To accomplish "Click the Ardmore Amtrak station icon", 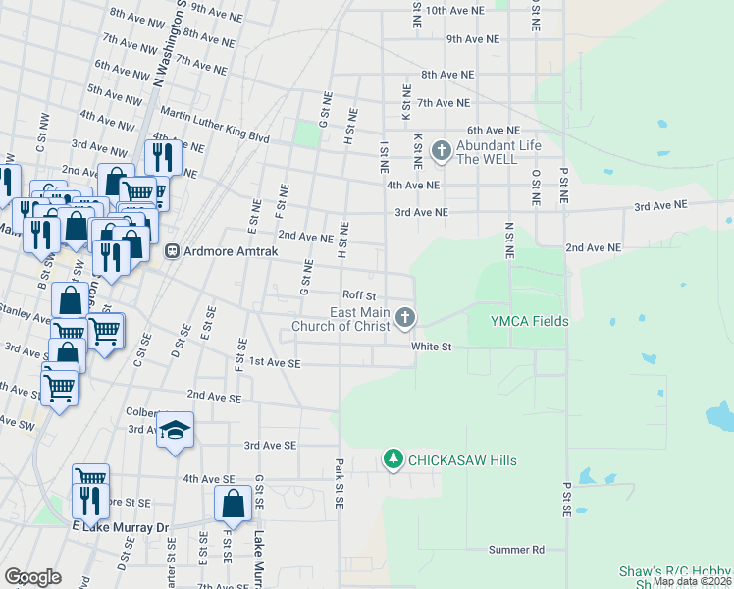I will tap(173, 250).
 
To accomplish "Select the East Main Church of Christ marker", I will tap(406, 318).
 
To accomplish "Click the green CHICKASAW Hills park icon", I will tap(393, 459).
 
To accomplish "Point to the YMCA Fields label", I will tap(530, 321).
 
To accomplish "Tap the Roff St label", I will tap(359, 295).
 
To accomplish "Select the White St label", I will tap(431, 347).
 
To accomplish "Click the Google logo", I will tap(32, 577).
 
